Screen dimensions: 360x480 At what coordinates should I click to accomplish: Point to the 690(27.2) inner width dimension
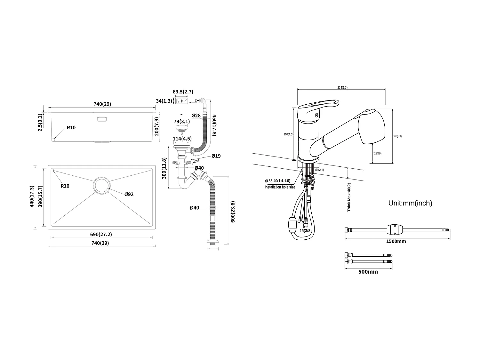[x=101, y=235]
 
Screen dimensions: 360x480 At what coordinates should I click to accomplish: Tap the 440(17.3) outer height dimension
[x=32, y=196]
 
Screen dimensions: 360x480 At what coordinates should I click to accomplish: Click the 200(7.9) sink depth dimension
[x=156, y=127]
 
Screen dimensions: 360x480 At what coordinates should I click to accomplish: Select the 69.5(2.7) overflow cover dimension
[x=183, y=92]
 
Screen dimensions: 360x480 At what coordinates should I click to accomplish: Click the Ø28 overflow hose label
[x=196, y=115]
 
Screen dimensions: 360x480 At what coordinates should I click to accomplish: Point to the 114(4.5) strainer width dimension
[x=182, y=139]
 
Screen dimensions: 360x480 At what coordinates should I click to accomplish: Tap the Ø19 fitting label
[x=216, y=156]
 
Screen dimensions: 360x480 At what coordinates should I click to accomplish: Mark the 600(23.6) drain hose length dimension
[x=233, y=212]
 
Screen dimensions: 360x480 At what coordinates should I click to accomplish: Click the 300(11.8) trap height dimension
[x=164, y=168]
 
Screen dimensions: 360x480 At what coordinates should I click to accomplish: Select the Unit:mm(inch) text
[x=410, y=203]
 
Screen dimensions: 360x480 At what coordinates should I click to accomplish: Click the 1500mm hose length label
[x=396, y=241]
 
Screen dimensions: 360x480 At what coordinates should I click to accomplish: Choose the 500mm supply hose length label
[x=368, y=272]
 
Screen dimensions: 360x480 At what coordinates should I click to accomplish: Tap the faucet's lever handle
[x=320, y=106]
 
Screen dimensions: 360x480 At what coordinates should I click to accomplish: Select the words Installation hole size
[x=280, y=187]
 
